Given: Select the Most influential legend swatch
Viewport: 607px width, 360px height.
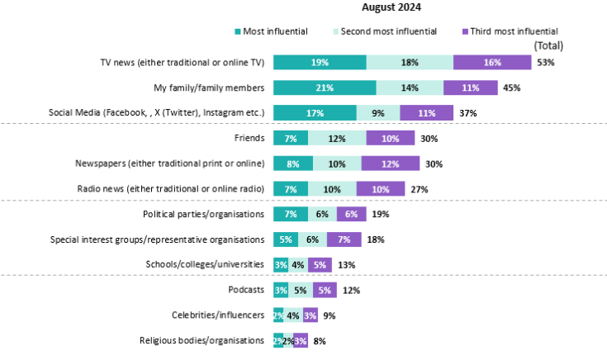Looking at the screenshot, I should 238,31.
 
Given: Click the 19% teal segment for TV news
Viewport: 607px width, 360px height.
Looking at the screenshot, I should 320,62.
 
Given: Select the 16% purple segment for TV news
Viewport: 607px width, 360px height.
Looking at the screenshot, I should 491,62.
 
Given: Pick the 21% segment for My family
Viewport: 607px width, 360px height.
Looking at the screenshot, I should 325,88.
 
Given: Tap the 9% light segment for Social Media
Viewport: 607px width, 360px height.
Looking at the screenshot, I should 378,112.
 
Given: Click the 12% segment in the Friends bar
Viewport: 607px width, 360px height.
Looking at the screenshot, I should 337,138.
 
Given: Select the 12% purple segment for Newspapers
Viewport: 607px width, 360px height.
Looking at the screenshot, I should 390,163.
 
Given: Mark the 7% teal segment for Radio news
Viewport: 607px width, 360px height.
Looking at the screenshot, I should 290,189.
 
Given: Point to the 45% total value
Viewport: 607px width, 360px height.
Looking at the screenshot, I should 511,88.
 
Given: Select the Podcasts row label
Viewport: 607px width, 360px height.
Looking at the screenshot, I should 246,290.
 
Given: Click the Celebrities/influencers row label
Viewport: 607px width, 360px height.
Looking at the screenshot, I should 218,315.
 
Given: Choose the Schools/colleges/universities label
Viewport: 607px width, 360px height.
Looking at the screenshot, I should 205,264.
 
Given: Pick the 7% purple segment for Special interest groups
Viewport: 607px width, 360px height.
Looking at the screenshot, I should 344,239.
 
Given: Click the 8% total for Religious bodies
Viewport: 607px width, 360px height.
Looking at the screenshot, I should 320,340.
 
